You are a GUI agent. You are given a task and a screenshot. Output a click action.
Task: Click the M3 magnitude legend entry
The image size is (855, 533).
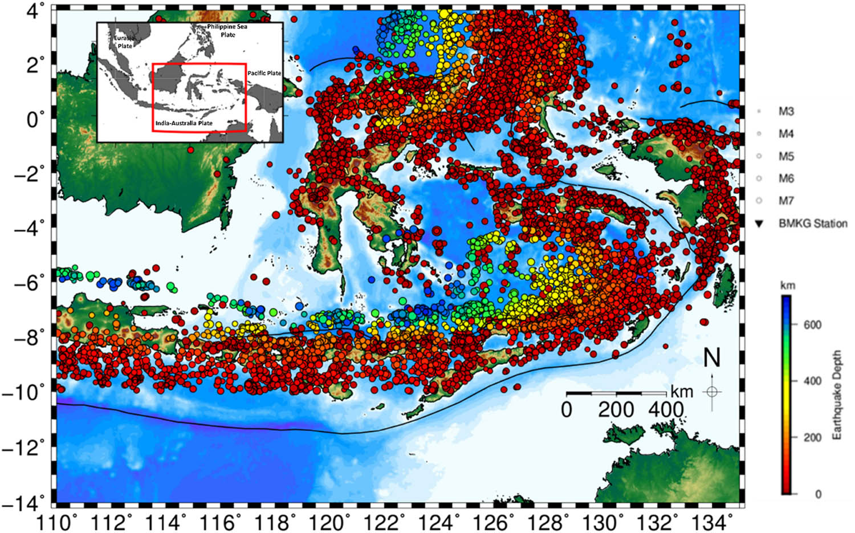coord(786,112)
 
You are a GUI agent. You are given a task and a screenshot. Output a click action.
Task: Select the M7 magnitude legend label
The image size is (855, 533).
coord(786,201)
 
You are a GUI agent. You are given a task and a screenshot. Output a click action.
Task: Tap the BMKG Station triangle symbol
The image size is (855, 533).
coord(759,224)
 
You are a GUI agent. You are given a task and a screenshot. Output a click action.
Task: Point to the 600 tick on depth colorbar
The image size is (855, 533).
coord(812,325)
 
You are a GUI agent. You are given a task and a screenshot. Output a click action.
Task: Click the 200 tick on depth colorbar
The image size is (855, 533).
coord(812,437)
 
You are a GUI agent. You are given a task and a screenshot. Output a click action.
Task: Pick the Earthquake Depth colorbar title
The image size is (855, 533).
coord(837,394)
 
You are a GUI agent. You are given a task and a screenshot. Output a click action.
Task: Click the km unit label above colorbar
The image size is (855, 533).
coord(788,285)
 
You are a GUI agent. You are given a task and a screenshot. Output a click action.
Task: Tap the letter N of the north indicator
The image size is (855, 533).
coord(712,358)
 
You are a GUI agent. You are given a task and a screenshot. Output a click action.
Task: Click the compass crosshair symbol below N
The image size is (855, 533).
coord(712,392)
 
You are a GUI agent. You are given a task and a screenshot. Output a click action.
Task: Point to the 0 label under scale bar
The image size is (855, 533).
coord(566,409)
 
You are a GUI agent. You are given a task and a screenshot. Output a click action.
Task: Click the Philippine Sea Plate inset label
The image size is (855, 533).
coord(227,30)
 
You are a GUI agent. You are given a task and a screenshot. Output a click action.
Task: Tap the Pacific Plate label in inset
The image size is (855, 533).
coord(264,73)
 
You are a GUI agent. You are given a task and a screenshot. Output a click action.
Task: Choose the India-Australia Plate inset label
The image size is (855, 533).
coord(184,123)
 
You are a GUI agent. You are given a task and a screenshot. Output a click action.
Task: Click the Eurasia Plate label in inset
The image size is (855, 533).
coord(124,42)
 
